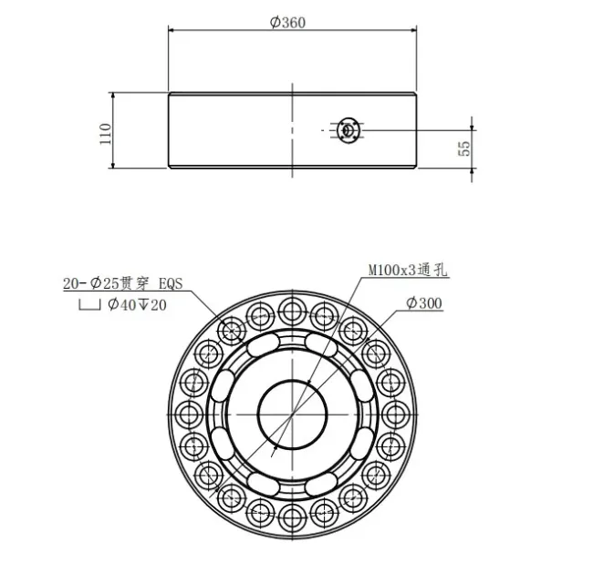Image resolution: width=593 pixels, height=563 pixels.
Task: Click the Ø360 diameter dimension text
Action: pyautogui.click(x=288, y=24)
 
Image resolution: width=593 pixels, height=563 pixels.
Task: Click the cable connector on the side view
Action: pyautogui.click(x=347, y=130)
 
